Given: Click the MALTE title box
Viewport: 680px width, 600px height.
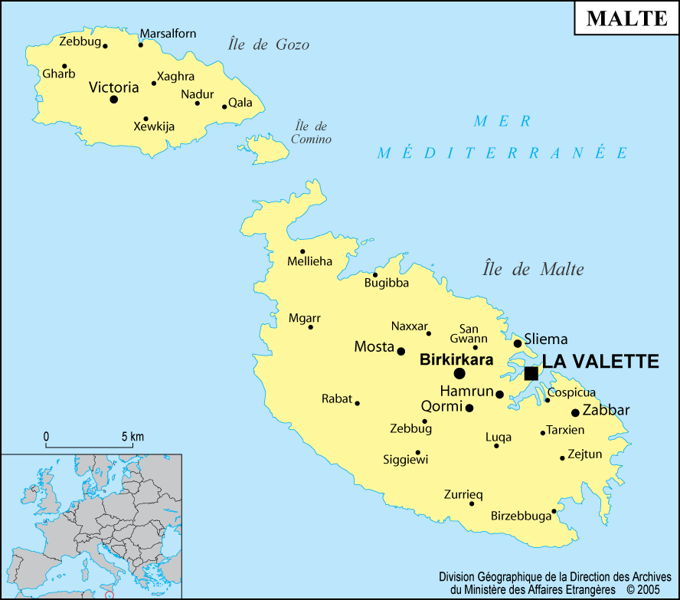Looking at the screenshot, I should (626, 19).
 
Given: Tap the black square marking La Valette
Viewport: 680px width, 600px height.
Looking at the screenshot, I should (531, 373).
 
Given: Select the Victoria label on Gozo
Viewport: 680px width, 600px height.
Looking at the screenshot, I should (114, 87).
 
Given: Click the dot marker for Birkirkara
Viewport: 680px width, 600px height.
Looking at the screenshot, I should (459, 373).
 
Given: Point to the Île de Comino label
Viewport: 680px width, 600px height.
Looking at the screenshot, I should (312, 133).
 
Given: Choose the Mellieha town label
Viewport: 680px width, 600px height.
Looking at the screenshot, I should (309, 261).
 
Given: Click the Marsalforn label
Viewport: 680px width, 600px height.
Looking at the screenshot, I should (168, 33).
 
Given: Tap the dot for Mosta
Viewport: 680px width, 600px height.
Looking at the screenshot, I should (400, 351).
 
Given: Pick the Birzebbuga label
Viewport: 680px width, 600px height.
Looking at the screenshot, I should (521, 516).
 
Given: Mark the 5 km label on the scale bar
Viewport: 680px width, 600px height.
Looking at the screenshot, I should (132, 437).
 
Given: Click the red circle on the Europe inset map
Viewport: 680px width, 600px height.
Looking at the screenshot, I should (109, 595).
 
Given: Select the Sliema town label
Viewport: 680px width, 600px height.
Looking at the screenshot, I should (546, 339).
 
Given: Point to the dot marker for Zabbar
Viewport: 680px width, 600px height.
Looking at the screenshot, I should (575, 412).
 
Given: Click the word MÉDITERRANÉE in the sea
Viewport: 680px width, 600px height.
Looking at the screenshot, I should (502, 152).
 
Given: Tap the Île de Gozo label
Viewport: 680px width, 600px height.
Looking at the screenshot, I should (269, 44).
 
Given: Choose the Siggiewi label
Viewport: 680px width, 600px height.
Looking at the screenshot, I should (405, 460).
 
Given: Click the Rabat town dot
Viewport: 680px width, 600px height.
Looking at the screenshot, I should (357, 403).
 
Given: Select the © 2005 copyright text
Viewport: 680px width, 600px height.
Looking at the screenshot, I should (642, 589).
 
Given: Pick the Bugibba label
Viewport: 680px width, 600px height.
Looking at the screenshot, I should (386, 283).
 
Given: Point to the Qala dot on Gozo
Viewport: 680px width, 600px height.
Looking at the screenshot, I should (224, 107).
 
